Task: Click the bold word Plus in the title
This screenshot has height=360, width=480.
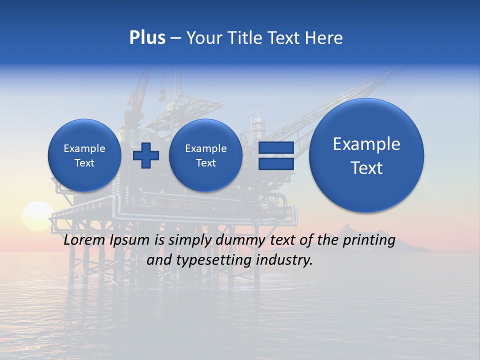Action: point(147,38)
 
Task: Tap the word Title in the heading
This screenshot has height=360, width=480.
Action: point(246,38)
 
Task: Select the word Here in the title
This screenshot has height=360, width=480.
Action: point(325,38)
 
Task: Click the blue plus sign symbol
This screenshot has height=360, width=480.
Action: point(146,155)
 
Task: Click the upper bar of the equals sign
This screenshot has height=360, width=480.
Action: point(276,147)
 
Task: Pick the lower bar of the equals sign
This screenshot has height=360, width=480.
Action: point(276,163)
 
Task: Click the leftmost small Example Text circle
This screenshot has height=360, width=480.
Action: point(84,155)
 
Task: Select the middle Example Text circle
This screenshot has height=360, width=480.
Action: point(206,155)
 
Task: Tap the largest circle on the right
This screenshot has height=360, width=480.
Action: point(366,155)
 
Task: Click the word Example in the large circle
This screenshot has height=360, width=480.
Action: point(366,144)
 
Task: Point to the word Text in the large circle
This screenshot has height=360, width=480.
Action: point(366,168)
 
